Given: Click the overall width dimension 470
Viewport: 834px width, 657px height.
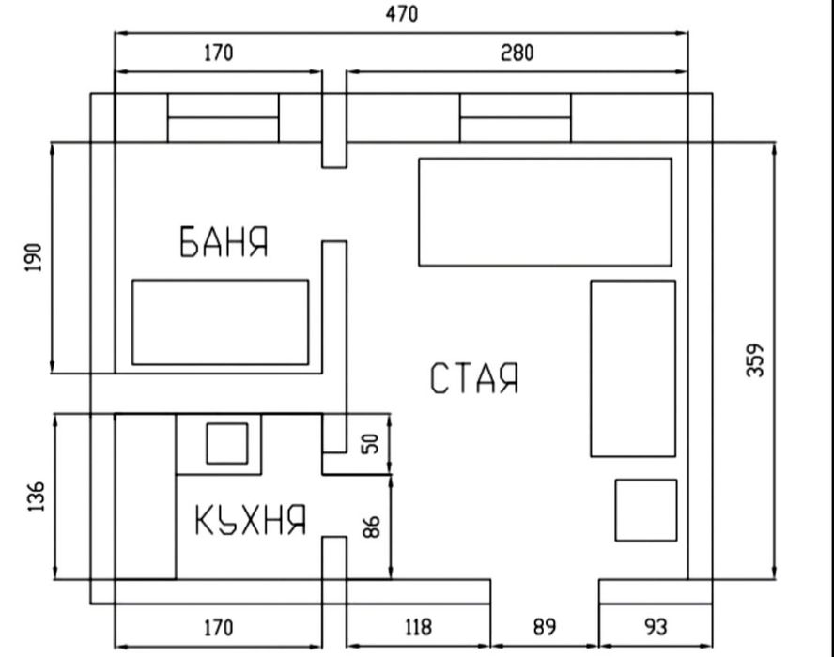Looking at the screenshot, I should click(x=401, y=14).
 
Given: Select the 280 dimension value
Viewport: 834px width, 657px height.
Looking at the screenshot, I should click(x=516, y=53).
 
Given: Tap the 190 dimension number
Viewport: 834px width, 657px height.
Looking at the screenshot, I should click(x=34, y=256).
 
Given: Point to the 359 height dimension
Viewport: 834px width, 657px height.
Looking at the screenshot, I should click(x=756, y=360).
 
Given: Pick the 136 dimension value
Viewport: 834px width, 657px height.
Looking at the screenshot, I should click(x=36, y=497).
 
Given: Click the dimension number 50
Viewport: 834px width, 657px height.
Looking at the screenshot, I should click(x=373, y=444).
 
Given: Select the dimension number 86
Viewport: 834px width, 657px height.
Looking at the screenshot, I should click(x=373, y=526).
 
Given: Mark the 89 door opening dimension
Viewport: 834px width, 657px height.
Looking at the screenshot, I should click(x=545, y=627).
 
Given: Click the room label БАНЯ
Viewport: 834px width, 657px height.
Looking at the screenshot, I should click(x=224, y=242).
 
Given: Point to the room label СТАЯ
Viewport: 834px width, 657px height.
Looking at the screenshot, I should click(x=474, y=378).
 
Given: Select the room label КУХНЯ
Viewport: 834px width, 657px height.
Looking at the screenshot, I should click(x=251, y=520).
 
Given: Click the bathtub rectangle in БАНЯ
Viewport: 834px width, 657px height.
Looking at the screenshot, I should click(x=220, y=322).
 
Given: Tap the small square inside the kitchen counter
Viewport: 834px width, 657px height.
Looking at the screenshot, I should click(x=226, y=443).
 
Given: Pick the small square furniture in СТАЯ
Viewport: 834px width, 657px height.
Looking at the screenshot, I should click(x=645, y=510).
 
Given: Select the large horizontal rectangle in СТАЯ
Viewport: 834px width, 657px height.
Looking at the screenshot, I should click(x=545, y=212).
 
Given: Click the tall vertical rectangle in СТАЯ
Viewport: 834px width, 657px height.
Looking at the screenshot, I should click(x=632, y=368).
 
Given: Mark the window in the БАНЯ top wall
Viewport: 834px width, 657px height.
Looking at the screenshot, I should click(x=223, y=117).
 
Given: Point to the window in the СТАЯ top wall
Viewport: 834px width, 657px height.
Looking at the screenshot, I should click(x=515, y=117).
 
